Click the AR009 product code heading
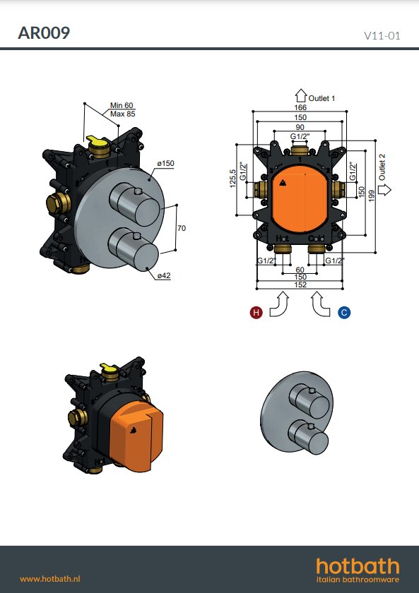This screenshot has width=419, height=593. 44,33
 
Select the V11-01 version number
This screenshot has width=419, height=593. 382,35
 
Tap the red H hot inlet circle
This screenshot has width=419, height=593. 256,312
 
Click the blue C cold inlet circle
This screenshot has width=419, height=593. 344,312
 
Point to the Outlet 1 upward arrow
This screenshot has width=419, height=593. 300,95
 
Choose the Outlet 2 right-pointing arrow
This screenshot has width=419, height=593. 384,189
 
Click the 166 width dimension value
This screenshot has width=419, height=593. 300,107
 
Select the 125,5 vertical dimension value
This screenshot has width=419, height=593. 232,178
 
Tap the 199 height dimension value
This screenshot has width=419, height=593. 372,195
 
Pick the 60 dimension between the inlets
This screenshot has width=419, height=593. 300,270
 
